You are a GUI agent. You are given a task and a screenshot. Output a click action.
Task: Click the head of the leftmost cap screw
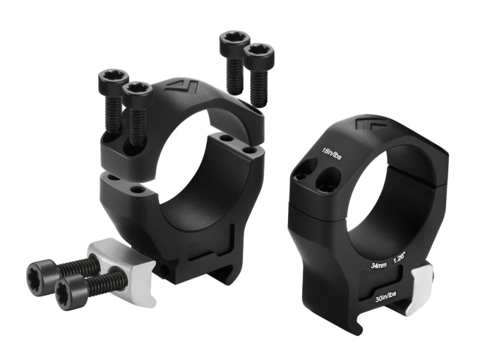[112, 80]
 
